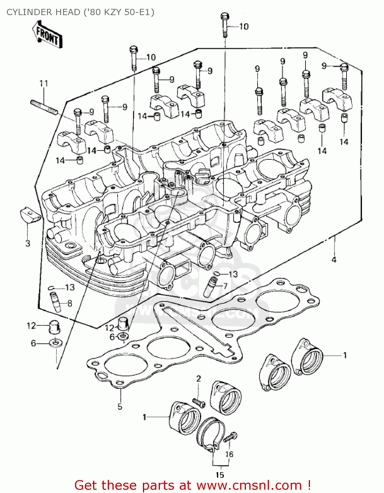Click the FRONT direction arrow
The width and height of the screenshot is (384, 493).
tap(47, 35)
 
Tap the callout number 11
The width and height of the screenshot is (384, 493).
tap(44, 83)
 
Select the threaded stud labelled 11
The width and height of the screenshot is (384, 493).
tap(44, 107)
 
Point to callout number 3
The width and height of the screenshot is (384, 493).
tap(28, 244)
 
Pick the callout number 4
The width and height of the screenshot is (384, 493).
tap(334, 260)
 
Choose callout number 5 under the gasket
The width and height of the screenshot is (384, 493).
tap(120, 407)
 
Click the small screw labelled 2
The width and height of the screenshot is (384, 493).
tap(198, 402)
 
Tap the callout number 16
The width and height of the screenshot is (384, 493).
tap(229, 454)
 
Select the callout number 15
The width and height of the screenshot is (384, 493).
tap(220, 475)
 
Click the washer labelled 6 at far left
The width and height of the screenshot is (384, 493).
tap(56, 343)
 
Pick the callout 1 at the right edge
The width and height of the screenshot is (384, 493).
tap(345, 355)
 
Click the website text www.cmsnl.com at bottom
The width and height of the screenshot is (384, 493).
tap(249, 485)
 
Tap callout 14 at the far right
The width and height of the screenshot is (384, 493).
tap(344, 142)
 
